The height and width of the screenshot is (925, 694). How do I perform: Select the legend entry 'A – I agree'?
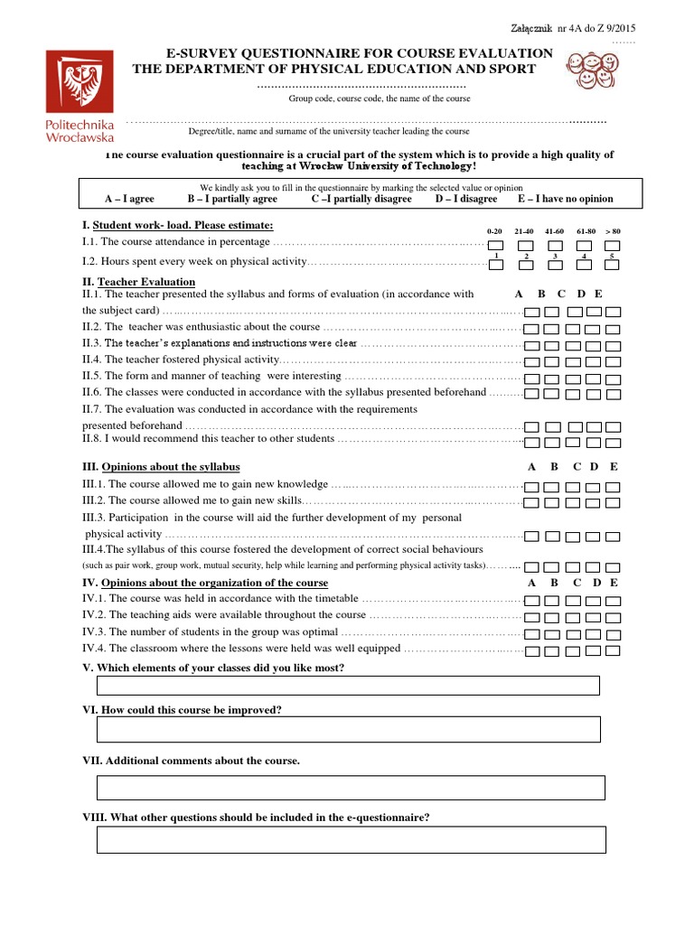pos(129,199)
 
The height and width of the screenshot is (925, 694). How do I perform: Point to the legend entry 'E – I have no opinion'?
pos(565,199)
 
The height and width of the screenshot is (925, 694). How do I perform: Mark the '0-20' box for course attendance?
pos(495,245)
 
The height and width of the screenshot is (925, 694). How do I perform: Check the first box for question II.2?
pos(531,328)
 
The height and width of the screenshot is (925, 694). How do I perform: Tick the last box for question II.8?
pos(614,442)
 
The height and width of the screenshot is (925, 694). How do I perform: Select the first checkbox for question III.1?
pos(531,486)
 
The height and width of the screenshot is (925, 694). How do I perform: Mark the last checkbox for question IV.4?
pos(614,650)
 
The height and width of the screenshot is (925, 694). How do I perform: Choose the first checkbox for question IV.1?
pos(531,601)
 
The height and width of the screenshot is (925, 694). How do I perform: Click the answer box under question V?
pos(348,686)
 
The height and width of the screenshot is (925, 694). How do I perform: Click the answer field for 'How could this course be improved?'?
pos(348,729)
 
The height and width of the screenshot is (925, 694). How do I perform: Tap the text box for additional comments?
pos(350,787)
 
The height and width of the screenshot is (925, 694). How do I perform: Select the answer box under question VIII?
pos(351,840)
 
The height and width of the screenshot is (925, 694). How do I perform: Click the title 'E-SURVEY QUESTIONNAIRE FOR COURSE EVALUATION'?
pos(358,54)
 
